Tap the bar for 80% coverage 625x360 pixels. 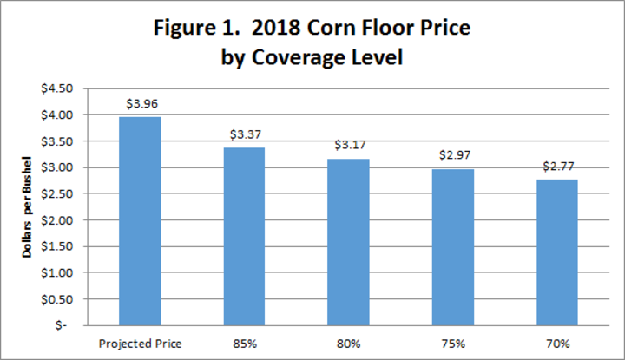coord(348,242)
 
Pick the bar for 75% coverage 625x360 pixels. coord(452,247)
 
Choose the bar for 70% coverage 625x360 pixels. coord(556,252)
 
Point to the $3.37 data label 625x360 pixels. coord(244,134)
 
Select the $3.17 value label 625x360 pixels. coord(348,146)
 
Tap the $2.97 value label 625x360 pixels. coord(452,156)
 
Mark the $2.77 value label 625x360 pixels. coord(556,167)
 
